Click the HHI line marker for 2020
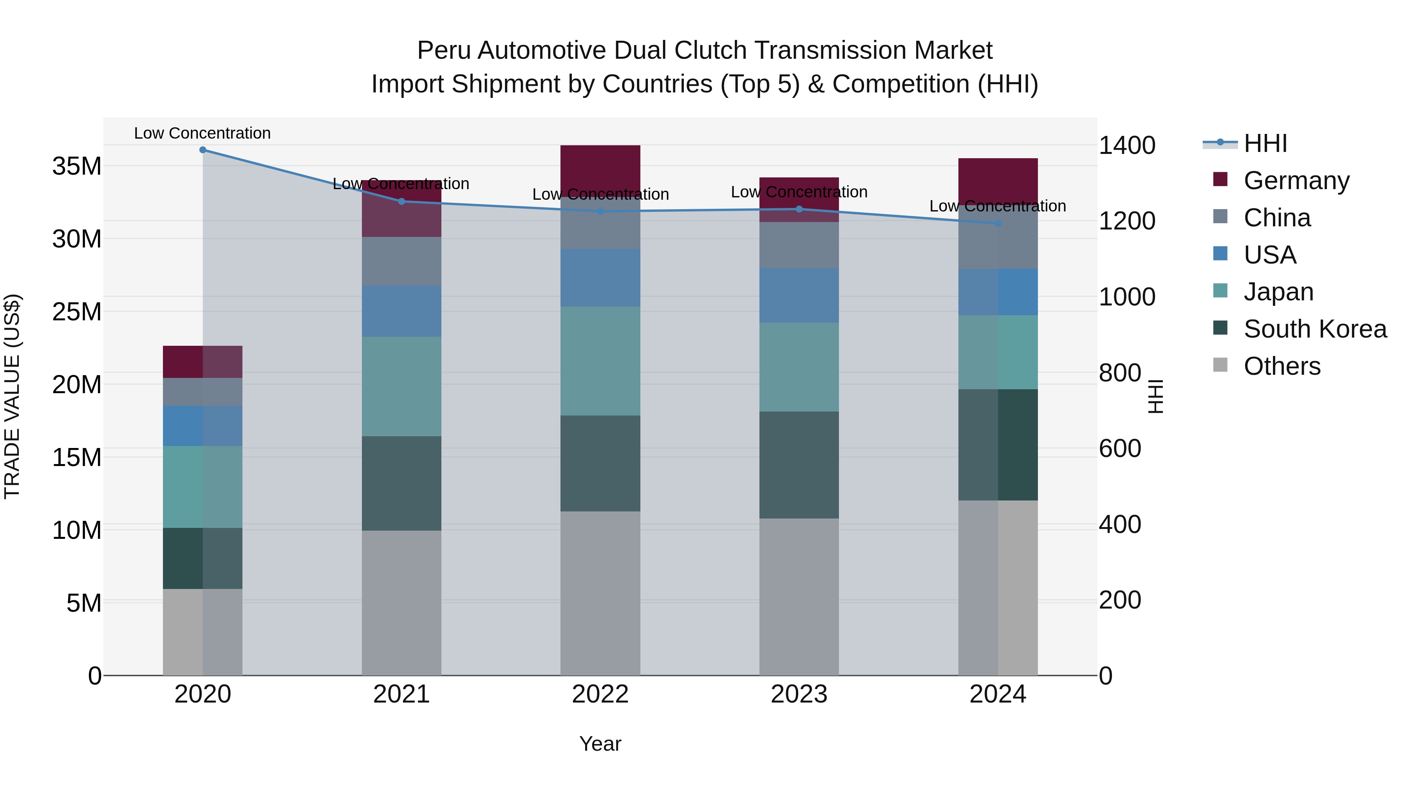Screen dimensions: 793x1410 (x=202, y=150)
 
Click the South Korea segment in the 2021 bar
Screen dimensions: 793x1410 (x=401, y=483)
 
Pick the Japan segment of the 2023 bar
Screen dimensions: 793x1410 (x=799, y=367)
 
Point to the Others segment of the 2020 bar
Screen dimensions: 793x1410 (x=202, y=632)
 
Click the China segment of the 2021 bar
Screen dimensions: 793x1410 (x=401, y=261)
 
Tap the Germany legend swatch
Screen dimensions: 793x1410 (x=1220, y=179)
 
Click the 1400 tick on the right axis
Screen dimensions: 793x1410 (x=1127, y=146)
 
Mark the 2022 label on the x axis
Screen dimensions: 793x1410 (x=600, y=694)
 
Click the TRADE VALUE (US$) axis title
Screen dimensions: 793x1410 (x=12, y=396)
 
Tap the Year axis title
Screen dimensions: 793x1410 (x=600, y=744)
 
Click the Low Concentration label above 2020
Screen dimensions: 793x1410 (x=202, y=133)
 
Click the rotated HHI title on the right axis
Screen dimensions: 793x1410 (x=1155, y=396)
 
